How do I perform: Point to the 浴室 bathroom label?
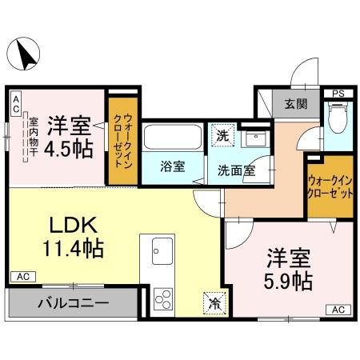click(x=172, y=168)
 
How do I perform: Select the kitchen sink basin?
click(x=158, y=250)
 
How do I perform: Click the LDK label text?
click(x=71, y=224)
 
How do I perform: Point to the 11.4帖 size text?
click(x=71, y=249)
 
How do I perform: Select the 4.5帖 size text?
click(x=68, y=148)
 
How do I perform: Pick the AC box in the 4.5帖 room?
click(x=16, y=99)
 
